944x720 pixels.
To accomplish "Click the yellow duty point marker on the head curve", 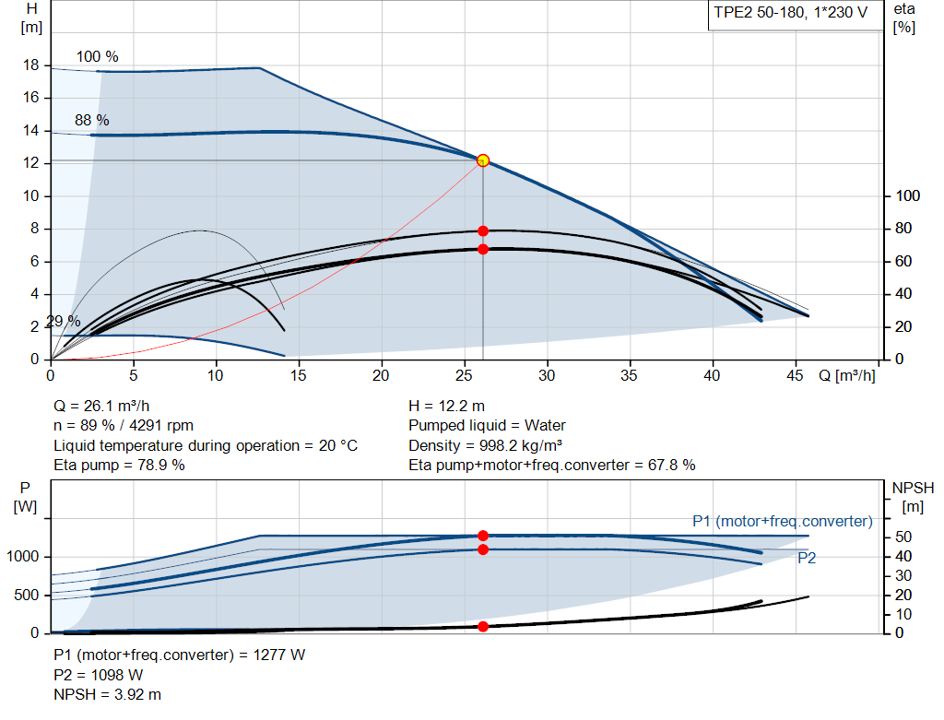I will (x=482, y=160).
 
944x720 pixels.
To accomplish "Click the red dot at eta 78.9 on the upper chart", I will (x=482, y=230).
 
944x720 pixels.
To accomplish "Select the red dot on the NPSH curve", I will (x=482, y=627).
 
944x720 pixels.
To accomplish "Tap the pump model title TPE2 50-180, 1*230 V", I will (x=791, y=13).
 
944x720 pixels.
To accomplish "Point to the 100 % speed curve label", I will (x=97, y=56).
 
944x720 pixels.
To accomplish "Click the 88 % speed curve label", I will (x=91, y=120).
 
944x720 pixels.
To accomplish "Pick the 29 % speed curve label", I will (x=63, y=321).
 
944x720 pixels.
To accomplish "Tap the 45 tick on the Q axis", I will (x=795, y=375).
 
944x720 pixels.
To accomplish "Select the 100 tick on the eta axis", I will (x=908, y=196).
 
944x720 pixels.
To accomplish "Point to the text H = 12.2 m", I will (x=446, y=406).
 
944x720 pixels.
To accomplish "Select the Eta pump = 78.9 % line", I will (x=119, y=466).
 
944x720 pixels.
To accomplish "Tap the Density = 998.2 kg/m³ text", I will (x=486, y=445).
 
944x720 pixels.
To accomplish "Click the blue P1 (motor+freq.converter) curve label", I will (x=782, y=521).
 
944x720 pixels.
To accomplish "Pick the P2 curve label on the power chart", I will (x=806, y=558).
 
